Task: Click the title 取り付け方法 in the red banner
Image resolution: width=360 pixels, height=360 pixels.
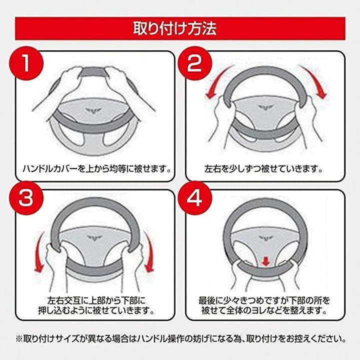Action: [x=175, y=28]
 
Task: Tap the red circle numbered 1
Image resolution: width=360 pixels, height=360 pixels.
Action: [x=26, y=63]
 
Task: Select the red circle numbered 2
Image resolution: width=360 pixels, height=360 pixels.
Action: [x=194, y=63]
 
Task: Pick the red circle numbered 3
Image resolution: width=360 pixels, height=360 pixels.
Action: [x=26, y=198]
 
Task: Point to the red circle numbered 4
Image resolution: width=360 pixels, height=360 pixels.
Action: [x=194, y=198]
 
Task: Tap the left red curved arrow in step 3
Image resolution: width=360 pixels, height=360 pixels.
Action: [x=38, y=252]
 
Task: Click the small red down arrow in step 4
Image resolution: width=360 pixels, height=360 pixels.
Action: [x=265, y=261]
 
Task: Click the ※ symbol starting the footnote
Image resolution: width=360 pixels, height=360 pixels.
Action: [x=19, y=339]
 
